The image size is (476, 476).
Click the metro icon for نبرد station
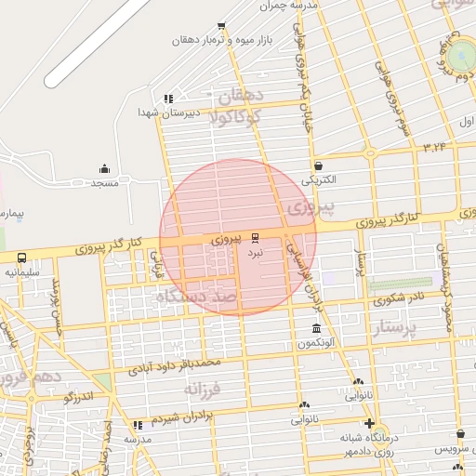[x=256, y=237]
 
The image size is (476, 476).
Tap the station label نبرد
[x=255, y=252]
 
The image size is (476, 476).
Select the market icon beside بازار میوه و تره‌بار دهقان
[x=221, y=27]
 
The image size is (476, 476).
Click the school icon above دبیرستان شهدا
[x=168, y=98]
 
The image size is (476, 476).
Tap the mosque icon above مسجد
[x=104, y=169]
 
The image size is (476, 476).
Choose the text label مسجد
[x=104, y=183]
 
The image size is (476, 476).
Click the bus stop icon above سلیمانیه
[x=21, y=258]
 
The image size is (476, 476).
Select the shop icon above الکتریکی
[x=319, y=165]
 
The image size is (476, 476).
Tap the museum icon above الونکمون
[x=317, y=329]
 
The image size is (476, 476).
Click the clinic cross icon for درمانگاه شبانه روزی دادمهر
[x=370, y=423]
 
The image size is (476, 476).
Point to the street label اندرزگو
[x=80, y=399]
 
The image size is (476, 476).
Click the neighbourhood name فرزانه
[x=206, y=388]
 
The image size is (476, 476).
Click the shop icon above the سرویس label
[x=460, y=433]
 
